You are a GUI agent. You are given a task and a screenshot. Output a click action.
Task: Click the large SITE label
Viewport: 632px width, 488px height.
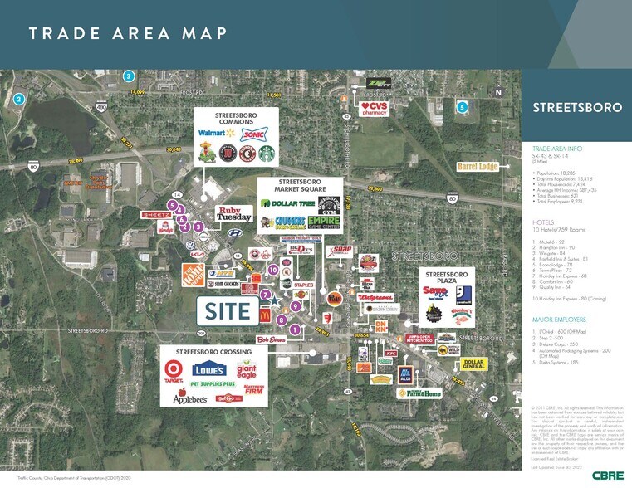(x=227, y=310)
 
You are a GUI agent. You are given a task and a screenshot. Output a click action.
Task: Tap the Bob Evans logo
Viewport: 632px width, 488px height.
(x=272, y=339)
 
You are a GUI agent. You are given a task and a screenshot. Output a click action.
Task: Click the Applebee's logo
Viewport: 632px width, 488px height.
(x=189, y=398)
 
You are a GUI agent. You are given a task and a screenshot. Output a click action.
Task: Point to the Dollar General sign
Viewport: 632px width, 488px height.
(x=473, y=364)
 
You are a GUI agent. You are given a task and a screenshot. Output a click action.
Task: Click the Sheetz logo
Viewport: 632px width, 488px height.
(x=156, y=214)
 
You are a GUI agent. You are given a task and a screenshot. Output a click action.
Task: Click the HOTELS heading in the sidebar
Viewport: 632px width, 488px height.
(x=543, y=223)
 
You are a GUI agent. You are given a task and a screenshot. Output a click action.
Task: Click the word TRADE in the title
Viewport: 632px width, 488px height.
(x=65, y=32)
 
